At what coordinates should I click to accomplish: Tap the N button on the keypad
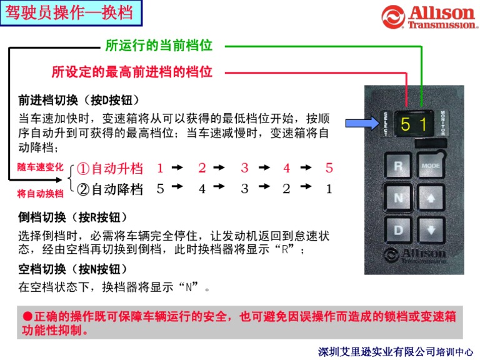[x=398, y=197]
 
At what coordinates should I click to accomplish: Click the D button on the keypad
[x=398, y=230]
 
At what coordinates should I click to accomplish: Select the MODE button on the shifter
[x=431, y=165]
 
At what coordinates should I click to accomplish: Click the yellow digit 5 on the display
[x=405, y=124]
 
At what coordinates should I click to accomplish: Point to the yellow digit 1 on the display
[x=423, y=124]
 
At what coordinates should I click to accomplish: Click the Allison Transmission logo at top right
[x=429, y=17]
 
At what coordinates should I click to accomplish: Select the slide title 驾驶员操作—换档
[x=69, y=13]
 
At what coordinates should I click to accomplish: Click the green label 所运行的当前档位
[x=159, y=46]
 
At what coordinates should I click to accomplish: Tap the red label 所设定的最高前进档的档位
[x=132, y=72]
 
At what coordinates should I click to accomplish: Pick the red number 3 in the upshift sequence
[x=244, y=167]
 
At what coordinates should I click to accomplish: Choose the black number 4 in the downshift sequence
[x=202, y=189]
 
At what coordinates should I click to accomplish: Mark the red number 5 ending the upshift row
[x=329, y=167]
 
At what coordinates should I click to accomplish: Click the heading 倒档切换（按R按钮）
[x=72, y=217]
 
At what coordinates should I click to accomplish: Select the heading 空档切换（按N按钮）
[x=72, y=269]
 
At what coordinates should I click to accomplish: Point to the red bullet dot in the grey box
[x=27, y=316]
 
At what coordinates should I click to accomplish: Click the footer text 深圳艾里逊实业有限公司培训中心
[x=395, y=352]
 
